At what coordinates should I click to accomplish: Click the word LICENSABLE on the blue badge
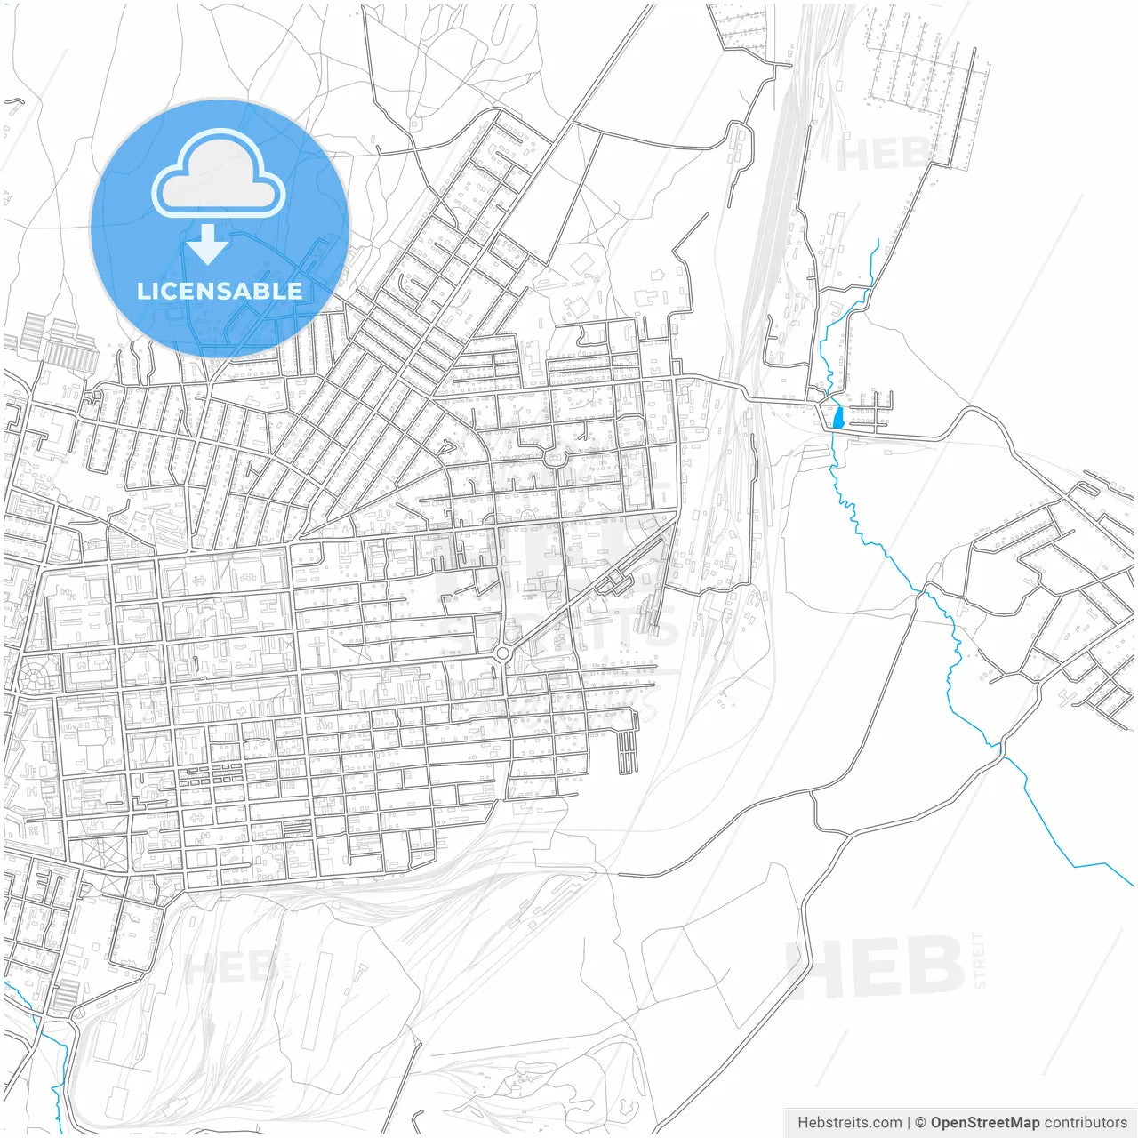(x=219, y=291)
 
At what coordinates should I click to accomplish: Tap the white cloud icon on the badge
(x=219, y=175)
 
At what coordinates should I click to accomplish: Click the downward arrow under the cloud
(x=207, y=244)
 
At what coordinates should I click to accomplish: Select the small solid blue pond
(x=837, y=417)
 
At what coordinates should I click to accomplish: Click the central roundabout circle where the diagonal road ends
(x=503, y=654)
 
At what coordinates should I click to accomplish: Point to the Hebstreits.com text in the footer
(x=850, y=1122)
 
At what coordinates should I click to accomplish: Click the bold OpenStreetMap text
(x=985, y=1122)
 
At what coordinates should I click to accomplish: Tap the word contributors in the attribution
(x=1085, y=1122)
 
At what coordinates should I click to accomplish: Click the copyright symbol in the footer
(x=921, y=1122)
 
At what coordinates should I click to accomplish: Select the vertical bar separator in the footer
(x=909, y=1122)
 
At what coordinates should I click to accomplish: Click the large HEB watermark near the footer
(x=876, y=966)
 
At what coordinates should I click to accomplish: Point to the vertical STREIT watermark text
(x=979, y=960)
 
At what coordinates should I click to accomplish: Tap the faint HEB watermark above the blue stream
(x=880, y=155)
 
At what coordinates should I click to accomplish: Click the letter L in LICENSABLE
(x=142, y=291)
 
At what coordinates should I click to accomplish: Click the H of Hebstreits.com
(x=803, y=1122)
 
